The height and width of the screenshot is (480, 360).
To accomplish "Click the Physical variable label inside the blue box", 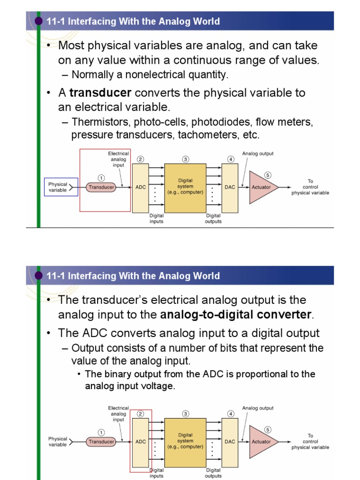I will click(58, 187).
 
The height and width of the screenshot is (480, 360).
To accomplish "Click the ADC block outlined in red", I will click(141, 442).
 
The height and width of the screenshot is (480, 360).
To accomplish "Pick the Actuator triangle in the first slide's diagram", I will click(261, 187).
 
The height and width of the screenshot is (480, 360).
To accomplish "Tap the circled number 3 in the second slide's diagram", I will click(186, 414).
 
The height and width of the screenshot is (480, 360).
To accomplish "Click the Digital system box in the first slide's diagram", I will click(185, 187).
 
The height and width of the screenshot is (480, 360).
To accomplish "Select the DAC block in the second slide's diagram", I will click(230, 442).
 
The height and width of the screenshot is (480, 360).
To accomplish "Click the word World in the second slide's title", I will click(208, 276).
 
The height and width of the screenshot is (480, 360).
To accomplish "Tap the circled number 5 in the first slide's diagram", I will click(268, 175).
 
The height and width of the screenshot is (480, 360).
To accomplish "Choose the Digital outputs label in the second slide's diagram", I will click(213, 473).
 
